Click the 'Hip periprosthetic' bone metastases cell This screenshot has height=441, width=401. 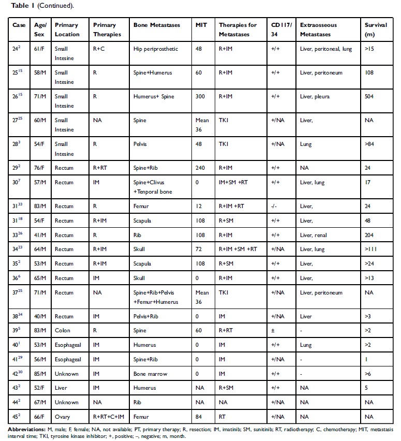(x=156, y=49)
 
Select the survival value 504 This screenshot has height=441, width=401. (x=369, y=96)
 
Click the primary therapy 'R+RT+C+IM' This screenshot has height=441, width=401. (x=108, y=417)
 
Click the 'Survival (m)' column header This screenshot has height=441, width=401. (x=374, y=30)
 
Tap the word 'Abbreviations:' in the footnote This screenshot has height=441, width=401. (x=25, y=429)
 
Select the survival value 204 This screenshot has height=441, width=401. (x=369, y=235)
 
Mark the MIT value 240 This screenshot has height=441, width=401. (x=200, y=168)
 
